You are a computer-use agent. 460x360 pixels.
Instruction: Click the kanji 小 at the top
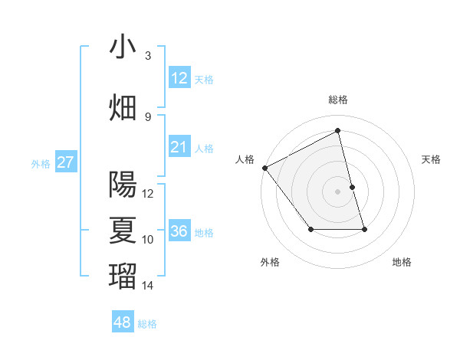(x=123, y=47)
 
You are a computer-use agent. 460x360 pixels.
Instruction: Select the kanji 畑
(x=123, y=107)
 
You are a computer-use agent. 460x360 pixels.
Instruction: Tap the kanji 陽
(x=123, y=184)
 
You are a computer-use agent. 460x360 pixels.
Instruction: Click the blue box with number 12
(x=179, y=78)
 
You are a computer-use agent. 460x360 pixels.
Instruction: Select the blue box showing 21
(x=179, y=147)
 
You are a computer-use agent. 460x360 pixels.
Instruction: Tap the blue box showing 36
(x=179, y=231)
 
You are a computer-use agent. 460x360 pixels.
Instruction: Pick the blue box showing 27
(x=65, y=162)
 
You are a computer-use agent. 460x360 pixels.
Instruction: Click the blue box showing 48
(x=122, y=322)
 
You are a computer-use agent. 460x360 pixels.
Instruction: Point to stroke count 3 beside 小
(x=148, y=55)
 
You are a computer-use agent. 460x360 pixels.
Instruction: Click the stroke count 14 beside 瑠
(x=148, y=286)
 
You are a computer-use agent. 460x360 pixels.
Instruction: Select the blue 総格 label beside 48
(x=147, y=324)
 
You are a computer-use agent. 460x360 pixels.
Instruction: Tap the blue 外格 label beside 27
(x=41, y=163)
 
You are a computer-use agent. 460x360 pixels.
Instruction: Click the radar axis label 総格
(x=338, y=100)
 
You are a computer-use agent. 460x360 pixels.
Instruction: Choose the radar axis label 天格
(x=432, y=159)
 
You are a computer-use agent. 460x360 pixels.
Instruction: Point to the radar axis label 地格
(x=402, y=262)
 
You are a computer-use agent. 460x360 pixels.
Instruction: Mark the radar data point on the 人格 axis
(x=264, y=168)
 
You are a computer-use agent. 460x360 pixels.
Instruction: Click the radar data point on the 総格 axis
(x=338, y=131)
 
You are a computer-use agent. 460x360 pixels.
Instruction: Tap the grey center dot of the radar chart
(x=338, y=191)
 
